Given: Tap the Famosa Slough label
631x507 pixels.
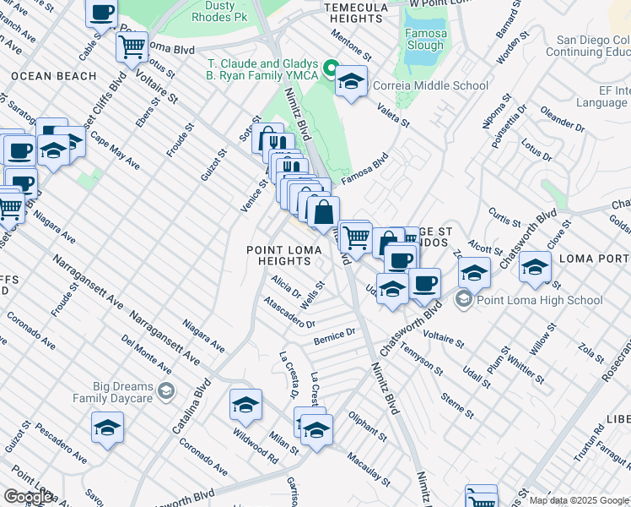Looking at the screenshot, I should click(426, 40).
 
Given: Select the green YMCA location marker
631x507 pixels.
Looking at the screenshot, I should click(332, 68).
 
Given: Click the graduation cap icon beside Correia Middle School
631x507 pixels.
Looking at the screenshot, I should click(352, 81).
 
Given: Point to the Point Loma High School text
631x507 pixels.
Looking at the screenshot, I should click(539, 300).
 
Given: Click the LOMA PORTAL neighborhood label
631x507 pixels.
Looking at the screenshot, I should click(594, 259).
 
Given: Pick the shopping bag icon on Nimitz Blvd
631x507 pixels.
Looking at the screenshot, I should click(323, 212).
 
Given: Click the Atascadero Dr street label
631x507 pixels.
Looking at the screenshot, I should click(289, 312).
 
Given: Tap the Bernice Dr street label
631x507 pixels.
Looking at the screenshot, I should click(335, 335).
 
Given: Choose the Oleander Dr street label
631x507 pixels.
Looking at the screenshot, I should click(563, 119).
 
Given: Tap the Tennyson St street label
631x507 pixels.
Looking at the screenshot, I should click(421, 358).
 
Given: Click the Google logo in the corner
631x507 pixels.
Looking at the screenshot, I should click(28, 497).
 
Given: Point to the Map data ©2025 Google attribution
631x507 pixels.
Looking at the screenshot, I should click(579, 500).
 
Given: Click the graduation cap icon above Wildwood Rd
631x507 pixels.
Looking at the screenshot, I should click(245, 406).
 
